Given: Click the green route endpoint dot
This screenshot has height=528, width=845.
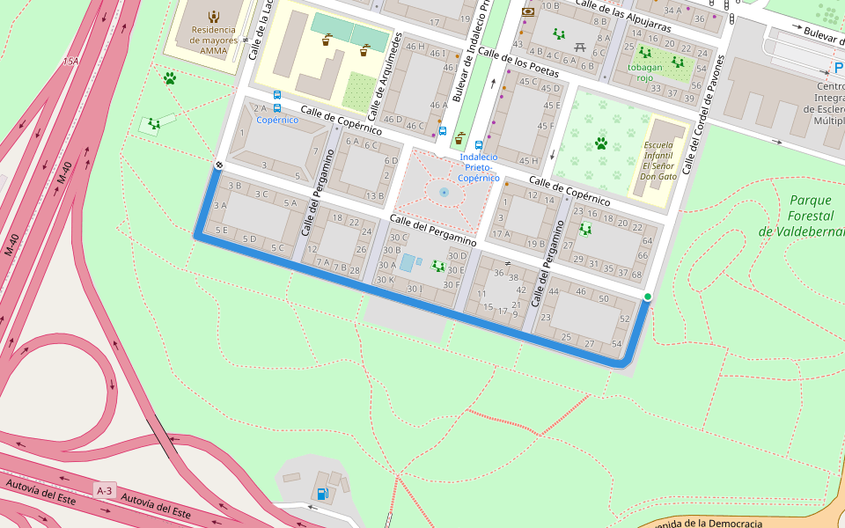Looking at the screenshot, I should pos(648,297).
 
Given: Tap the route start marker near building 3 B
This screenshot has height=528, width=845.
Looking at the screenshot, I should pos(218,165).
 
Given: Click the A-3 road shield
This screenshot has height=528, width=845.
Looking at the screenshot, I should pos(105,490).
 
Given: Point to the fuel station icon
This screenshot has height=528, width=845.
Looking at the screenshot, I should pos(323,494).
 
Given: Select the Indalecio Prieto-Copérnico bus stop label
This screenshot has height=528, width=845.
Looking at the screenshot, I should pos(479,167).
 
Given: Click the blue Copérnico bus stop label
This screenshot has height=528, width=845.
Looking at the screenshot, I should pos(277,120).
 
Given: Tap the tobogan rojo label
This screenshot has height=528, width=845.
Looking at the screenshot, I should pos(645,73).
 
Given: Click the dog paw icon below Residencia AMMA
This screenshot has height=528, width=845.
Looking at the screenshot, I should pos(169,78).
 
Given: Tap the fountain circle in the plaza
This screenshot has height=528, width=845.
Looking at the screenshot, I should pos(444,191).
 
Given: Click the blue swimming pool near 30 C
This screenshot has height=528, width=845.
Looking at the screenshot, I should pos(407,262).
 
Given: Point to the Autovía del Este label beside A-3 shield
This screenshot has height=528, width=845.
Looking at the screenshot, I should pos(157,506).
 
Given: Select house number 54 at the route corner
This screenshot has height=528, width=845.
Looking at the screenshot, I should pos(616,344).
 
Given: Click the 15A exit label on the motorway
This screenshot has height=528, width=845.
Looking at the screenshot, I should pos(70,62).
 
